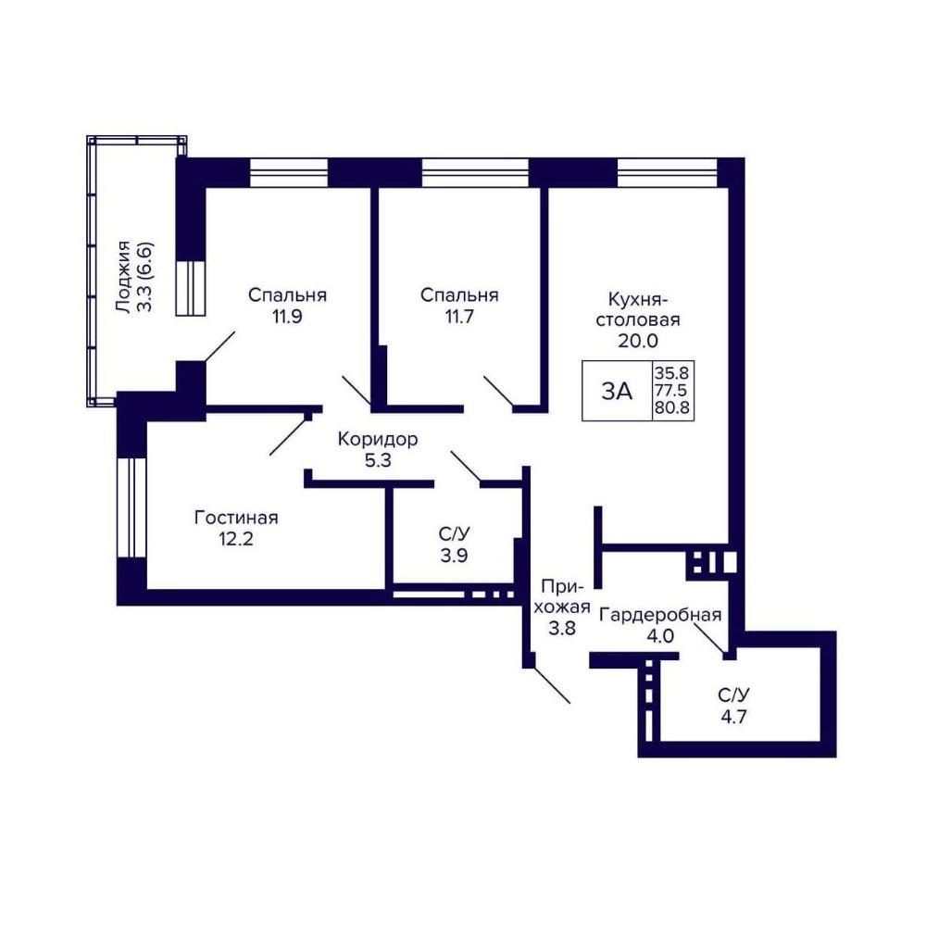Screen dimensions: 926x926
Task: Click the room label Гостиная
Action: point(236,518)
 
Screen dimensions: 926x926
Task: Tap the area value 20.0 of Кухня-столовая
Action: point(638,341)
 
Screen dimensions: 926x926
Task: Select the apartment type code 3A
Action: point(617,391)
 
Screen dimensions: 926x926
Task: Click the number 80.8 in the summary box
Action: point(672,407)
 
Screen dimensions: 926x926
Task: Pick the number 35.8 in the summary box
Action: point(672,373)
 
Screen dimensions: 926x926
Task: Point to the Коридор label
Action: point(378,439)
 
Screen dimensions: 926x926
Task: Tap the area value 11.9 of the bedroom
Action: point(287,317)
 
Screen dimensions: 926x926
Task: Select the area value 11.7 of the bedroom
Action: point(459,317)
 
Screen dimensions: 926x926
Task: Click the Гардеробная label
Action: point(660,615)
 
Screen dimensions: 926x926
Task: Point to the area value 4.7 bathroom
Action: point(733,717)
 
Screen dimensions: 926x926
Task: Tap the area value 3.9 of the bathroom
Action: point(454,555)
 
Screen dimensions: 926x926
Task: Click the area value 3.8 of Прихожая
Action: point(562,628)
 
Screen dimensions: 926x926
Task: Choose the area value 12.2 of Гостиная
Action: point(236,539)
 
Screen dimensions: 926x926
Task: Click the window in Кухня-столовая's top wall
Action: point(668,172)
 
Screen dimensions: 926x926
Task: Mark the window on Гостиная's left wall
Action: point(131,507)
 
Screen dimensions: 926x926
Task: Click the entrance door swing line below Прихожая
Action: point(553,685)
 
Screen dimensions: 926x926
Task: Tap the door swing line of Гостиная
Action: point(289,436)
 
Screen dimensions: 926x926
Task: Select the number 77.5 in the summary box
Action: point(672,391)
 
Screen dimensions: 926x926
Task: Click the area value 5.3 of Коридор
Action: point(378,460)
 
